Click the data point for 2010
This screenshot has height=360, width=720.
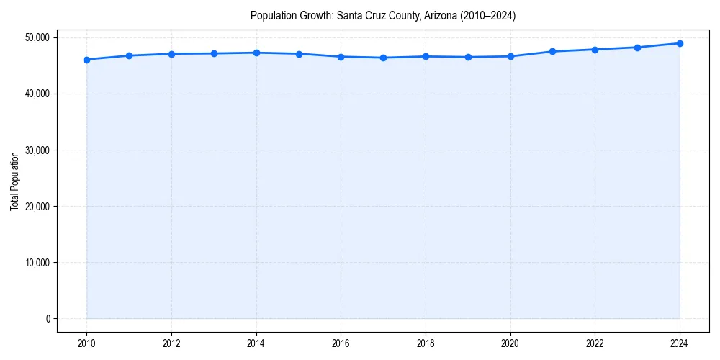pyautogui.click(x=86, y=60)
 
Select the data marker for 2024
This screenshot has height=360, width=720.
pyautogui.click(x=680, y=43)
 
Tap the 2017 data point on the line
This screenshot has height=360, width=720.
pyautogui.click(x=383, y=58)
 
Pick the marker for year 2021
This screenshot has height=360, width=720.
pyautogui.click(x=552, y=52)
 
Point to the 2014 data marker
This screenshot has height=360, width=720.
pyautogui.click(x=256, y=53)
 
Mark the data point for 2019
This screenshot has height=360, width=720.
pyautogui.click(x=468, y=57)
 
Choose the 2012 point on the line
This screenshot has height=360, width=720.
pyautogui.click(x=171, y=54)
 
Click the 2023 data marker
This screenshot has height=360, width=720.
pyautogui.click(x=637, y=48)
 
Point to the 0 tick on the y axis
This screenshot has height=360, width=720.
pyautogui.click(x=48, y=318)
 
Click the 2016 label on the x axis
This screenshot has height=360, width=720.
pyautogui.click(x=341, y=343)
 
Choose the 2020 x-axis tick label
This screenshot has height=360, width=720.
pyautogui.click(x=510, y=343)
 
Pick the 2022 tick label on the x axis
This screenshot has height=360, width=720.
pyautogui.click(x=595, y=343)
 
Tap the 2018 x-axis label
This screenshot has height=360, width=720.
pyautogui.click(x=426, y=343)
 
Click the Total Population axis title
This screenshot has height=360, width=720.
pyautogui.click(x=14, y=181)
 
